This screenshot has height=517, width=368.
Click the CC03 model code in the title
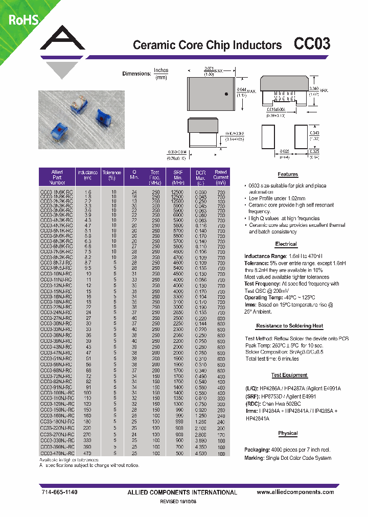pos(312,44)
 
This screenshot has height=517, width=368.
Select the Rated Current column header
pos(221,177)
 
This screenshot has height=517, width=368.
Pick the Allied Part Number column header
pos(57,177)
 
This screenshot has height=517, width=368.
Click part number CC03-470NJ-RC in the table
pos(56,453)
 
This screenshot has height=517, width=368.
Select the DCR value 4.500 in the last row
pos(200,453)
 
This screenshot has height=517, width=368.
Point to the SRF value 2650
pos(177,312)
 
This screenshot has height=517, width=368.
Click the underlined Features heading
pos(288,175)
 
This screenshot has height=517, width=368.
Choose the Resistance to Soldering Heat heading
pos(289,325)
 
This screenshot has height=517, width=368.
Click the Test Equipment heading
pos(289,375)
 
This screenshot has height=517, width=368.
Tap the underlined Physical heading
pos(288,433)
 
